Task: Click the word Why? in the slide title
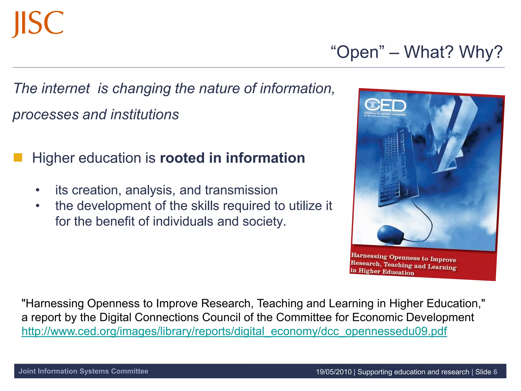coord(481,52)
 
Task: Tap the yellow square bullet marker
coord(18,158)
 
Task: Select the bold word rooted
coord(182,158)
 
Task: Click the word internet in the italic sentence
coord(66,89)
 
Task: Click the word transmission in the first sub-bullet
coord(241,190)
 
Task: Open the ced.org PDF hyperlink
coord(234,331)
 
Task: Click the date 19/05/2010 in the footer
coord(334,372)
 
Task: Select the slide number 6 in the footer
coord(495,372)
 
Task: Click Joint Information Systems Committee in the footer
coord(83,371)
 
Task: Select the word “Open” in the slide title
coord(357,52)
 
